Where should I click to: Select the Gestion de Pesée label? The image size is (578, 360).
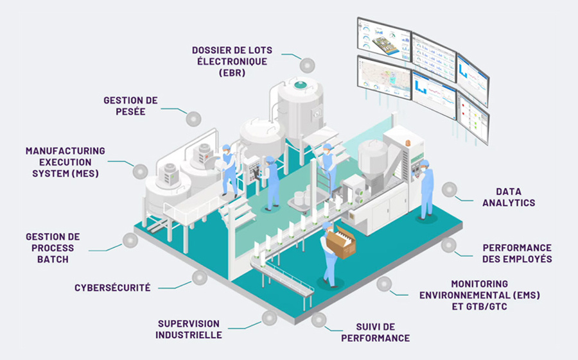coord(130,106)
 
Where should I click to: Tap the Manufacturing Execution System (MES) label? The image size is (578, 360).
coord(66,162)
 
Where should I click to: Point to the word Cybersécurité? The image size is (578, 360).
coord(112,287)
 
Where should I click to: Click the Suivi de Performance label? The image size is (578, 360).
coord(375,332)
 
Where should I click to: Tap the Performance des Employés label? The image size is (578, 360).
coord(517,253)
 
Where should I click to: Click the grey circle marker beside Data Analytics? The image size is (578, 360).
coord(450,189)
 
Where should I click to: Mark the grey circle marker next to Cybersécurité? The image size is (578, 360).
coord(200,278)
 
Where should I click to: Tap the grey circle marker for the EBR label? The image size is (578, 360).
coord(307,65)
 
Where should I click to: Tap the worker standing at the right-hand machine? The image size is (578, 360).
coord(426,190)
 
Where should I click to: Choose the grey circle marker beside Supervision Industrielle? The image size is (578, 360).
coord(269,317)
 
